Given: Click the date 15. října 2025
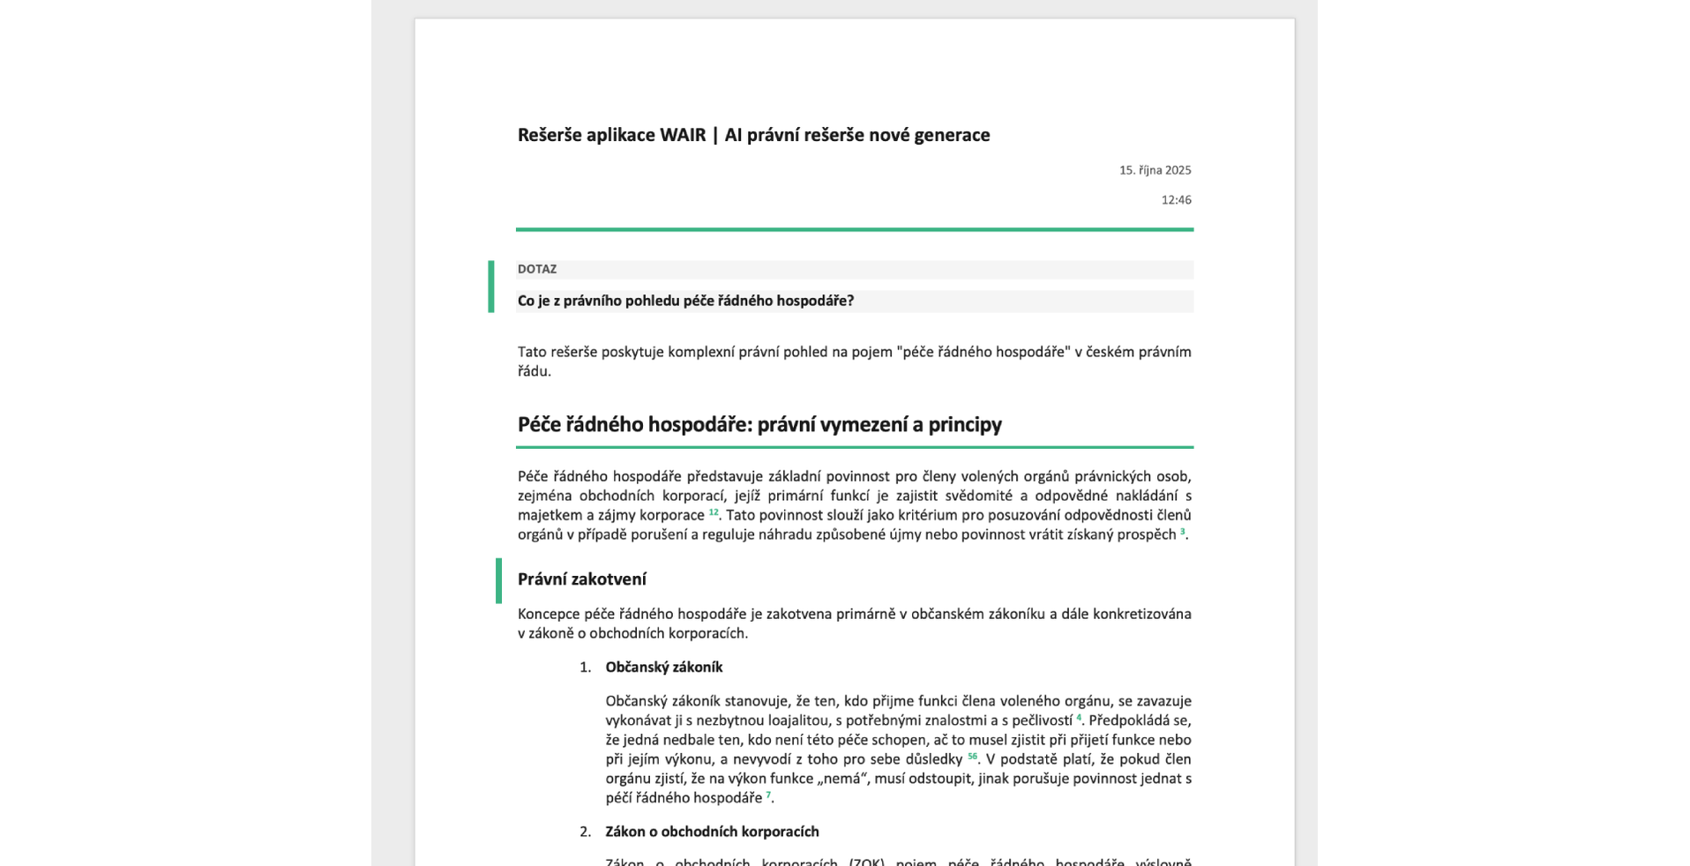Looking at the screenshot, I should click(x=1155, y=170).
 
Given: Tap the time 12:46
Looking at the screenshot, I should click(x=1176, y=200).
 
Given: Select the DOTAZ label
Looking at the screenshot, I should click(x=537, y=270).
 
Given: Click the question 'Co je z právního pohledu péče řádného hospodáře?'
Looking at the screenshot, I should click(x=685, y=302).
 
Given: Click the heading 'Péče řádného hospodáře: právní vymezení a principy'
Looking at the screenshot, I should click(x=759, y=425).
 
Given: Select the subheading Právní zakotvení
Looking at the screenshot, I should click(x=581, y=579).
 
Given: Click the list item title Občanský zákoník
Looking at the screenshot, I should click(x=663, y=668).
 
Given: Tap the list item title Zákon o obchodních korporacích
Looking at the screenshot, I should click(x=712, y=832).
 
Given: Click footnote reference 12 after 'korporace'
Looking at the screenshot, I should click(x=714, y=512).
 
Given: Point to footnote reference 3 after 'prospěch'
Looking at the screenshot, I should click(x=1182, y=532).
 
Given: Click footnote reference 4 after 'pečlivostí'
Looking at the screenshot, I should click(x=1078, y=718).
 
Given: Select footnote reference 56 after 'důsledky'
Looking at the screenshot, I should click(x=972, y=757).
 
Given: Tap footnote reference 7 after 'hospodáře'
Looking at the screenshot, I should click(x=767, y=795).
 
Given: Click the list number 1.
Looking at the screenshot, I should click(x=585, y=668).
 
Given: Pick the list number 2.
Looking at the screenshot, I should click(x=585, y=832).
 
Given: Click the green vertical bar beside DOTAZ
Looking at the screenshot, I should click(x=491, y=287).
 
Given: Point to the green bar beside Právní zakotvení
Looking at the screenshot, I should click(x=498, y=580).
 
